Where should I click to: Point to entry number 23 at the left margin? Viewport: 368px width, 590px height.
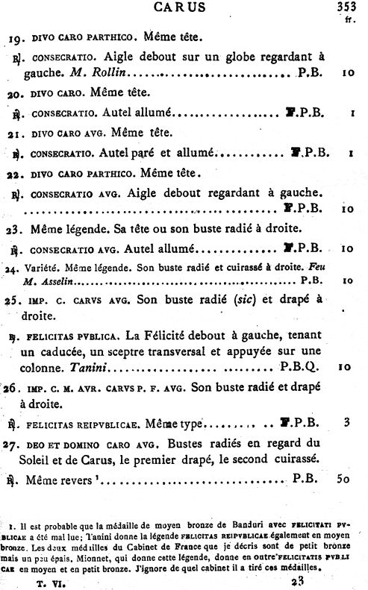pyautogui.click(x=17, y=227)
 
